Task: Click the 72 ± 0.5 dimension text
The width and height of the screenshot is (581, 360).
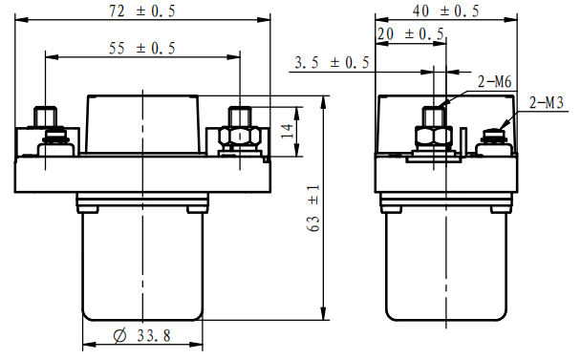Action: [x=142, y=11]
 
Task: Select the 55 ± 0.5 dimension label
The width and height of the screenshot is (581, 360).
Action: [x=142, y=48]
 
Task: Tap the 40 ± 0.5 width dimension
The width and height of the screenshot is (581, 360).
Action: [x=445, y=11]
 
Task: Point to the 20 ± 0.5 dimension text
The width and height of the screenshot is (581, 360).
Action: [x=411, y=34]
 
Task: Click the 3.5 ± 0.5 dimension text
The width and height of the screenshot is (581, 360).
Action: [x=332, y=62]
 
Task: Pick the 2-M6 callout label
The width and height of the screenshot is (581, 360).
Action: [x=495, y=81]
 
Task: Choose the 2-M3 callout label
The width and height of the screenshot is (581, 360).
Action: [x=547, y=102]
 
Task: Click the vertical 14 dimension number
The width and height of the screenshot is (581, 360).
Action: [x=288, y=132]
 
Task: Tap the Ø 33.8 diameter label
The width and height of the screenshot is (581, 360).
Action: [x=142, y=335]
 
